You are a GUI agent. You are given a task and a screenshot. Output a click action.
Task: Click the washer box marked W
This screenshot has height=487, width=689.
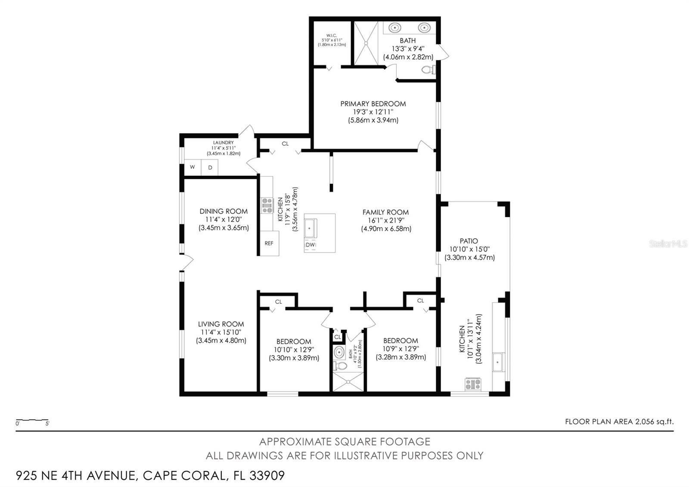[192, 167]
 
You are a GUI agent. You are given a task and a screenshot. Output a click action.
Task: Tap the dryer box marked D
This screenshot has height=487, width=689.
[210, 167]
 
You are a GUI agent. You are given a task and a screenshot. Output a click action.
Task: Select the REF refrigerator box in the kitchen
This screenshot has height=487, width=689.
[269, 243]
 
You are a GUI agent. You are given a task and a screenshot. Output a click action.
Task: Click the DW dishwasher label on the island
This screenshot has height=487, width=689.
[310, 245]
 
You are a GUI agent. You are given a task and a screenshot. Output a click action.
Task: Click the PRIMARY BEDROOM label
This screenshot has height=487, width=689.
[373, 104]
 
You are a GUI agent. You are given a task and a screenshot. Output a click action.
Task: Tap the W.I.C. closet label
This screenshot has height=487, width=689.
[331, 35]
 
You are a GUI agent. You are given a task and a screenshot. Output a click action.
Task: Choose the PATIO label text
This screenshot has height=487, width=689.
[469, 241]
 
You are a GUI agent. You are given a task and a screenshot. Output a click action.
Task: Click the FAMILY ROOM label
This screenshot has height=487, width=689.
[385, 212]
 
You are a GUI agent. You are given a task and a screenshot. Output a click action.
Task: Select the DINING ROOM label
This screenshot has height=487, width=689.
[223, 211]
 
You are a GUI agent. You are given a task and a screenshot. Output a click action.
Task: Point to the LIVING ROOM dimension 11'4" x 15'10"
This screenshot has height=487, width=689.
[221, 332]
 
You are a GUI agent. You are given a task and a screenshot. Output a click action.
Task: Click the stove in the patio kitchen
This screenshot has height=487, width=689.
[473, 383]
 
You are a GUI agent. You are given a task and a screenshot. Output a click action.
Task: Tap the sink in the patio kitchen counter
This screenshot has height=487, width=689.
[498, 362]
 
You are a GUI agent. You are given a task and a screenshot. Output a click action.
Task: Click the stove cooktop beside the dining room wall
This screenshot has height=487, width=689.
[267, 205]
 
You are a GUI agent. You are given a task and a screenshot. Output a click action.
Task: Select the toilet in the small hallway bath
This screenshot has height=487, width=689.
[341, 366]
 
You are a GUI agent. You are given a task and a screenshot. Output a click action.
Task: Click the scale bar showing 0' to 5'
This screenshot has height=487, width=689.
[32, 420]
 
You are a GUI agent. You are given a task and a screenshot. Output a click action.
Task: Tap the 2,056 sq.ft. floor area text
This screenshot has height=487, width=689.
[654, 422]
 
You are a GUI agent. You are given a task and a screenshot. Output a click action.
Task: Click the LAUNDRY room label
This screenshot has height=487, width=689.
[223, 143]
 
